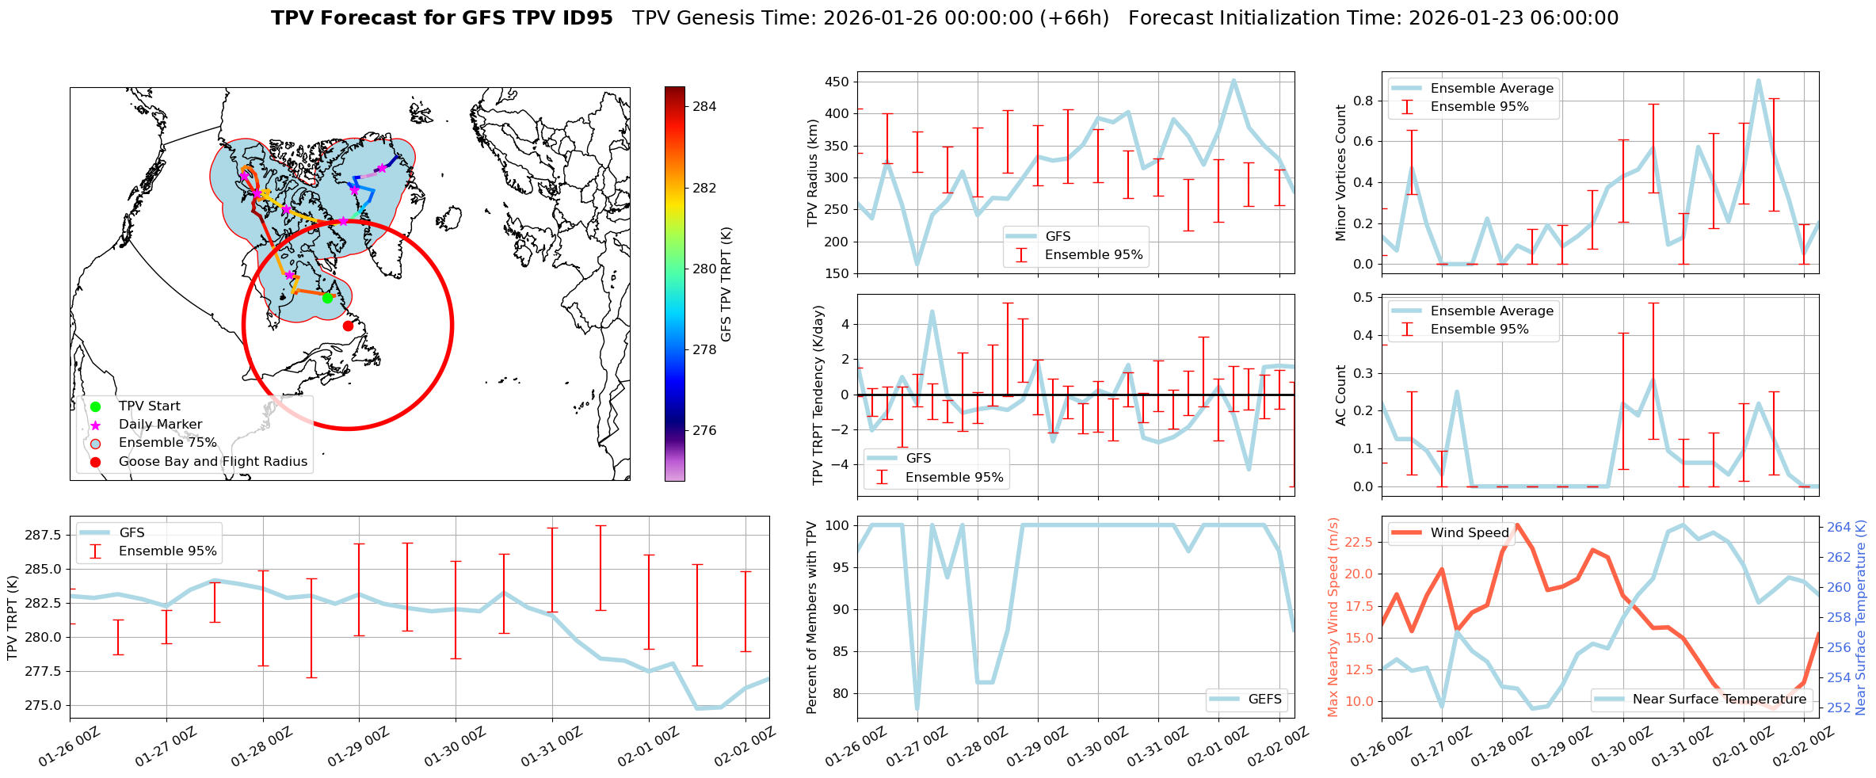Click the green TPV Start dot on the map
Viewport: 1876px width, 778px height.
(x=327, y=298)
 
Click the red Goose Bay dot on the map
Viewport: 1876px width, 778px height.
(x=348, y=326)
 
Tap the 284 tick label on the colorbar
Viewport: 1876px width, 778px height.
(x=704, y=106)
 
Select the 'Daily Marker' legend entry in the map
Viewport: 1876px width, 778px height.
(x=160, y=425)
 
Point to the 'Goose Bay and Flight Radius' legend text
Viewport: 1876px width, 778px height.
(x=212, y=462)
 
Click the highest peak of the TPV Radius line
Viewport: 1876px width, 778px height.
(x=1234, y=80)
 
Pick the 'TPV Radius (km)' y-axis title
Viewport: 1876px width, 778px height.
(x=813, y=173)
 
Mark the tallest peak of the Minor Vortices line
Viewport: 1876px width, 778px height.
(x=1758, y=80)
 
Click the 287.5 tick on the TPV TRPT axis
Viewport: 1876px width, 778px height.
(x=44, y=535)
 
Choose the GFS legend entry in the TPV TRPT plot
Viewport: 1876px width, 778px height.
(x=132, y=532)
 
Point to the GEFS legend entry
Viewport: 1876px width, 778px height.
(x=1264, y=699)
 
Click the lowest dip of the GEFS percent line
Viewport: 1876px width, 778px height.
(x=917, y=710)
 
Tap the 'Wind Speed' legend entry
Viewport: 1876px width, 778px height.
(x=1469, y=532)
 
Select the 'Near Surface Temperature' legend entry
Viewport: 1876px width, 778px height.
(x=1719, y=699)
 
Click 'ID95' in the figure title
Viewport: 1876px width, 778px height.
(x=585, y=18)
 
